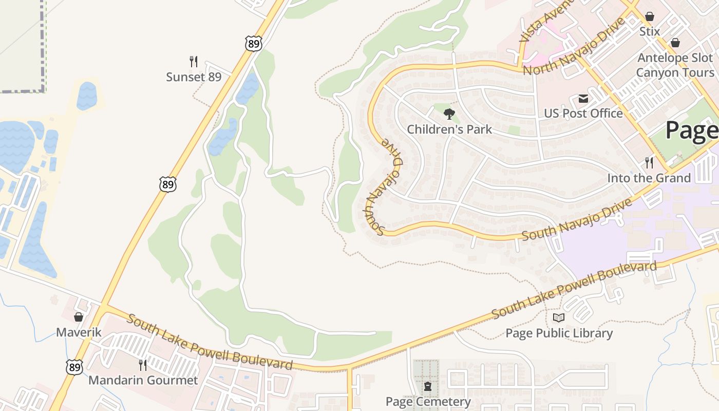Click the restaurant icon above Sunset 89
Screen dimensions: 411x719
[194, 62]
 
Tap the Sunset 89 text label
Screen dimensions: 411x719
[194, 77]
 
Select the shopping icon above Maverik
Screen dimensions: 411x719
[79, 317]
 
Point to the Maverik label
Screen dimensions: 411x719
[79, 332]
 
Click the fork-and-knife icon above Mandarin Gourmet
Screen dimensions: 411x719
[143, 365]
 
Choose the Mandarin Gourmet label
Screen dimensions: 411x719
[143, 380]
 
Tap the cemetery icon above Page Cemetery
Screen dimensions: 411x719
[428, 386]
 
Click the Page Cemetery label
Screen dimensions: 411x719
[428, 401]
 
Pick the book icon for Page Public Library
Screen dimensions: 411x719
[559, 318]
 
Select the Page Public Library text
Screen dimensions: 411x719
[559, 333]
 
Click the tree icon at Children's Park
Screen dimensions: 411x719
[449, 114]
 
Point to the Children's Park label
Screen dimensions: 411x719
[449, 129]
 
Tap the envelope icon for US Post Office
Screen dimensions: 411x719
[583, 98]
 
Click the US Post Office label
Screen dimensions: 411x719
[583, 113]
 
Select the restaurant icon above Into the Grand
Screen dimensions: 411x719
[649, 163]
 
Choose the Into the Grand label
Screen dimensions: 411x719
[649, 178]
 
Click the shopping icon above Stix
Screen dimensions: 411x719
[650, 16]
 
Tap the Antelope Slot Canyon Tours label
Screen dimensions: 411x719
[675, 65]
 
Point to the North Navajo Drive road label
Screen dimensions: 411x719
[574, 46]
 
